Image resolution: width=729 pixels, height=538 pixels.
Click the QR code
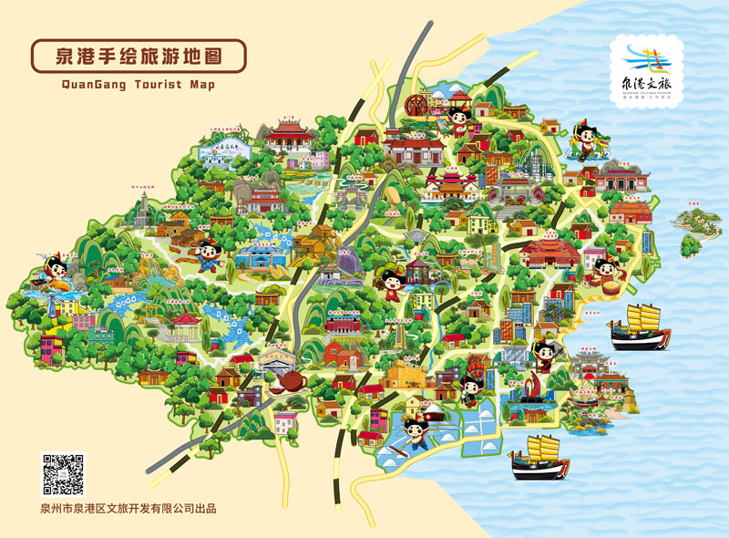(63, 475)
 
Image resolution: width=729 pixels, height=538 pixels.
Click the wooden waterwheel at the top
(417, 104)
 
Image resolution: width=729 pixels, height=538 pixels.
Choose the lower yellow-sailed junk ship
(541, 457)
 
